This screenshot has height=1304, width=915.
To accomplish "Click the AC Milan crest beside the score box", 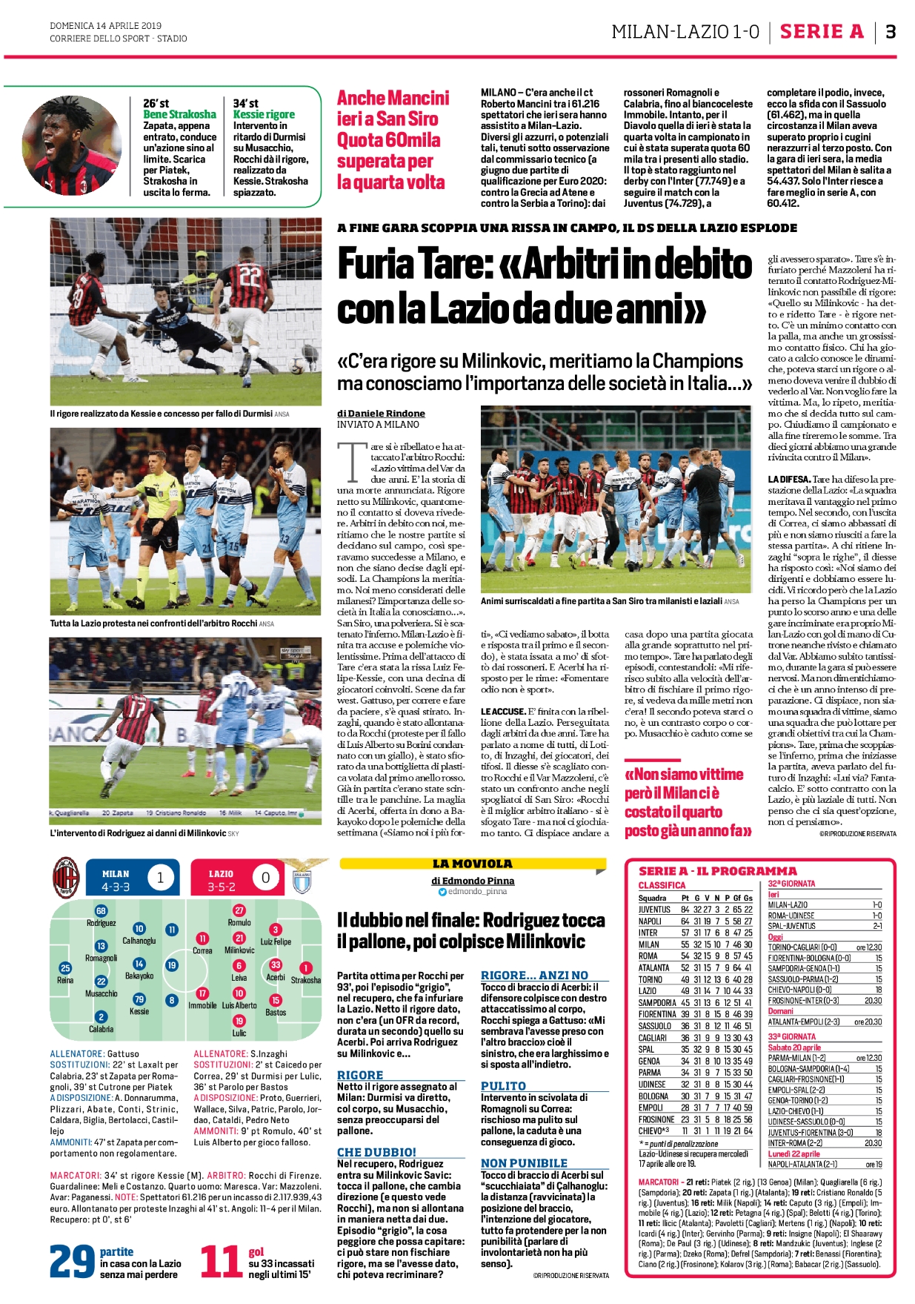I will (x=65, y=878).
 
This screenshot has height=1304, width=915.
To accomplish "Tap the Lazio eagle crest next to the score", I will (x=302, y=878).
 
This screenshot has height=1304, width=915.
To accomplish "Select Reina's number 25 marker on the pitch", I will (x=65, y=968).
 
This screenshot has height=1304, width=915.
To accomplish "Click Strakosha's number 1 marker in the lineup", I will (x=305, y=968).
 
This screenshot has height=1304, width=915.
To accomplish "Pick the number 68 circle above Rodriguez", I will (x=101, y=911).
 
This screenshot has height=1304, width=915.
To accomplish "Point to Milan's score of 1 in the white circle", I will (x=160, y=878).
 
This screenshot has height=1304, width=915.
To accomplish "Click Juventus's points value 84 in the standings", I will (x=685, y=910).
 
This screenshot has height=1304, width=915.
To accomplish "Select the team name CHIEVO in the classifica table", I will (x=652, y=1131).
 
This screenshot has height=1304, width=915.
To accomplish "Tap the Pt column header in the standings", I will (x=685, y=898).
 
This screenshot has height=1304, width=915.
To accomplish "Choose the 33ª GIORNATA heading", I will (x=791, y=1036).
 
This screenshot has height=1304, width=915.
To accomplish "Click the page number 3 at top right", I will (x=891, y=32).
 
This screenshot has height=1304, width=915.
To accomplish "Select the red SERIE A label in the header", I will (x=822, y=32).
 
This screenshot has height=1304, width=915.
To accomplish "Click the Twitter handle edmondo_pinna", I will (x=477, y=891).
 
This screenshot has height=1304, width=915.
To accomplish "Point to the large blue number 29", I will (x=72, y=1261).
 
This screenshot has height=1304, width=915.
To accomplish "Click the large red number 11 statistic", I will (x=220, y=1261).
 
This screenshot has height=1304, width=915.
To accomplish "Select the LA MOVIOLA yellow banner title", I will (x=472, y=864).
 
